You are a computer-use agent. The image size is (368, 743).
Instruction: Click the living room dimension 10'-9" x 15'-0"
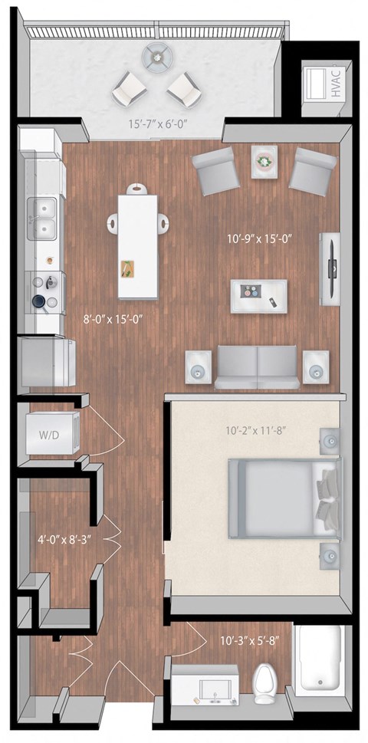coord(260,238)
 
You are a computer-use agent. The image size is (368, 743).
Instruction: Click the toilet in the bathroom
coord(265,680)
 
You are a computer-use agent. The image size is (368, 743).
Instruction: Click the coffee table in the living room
coord(259,294)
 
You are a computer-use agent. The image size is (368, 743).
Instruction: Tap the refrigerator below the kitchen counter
coord(48,363)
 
